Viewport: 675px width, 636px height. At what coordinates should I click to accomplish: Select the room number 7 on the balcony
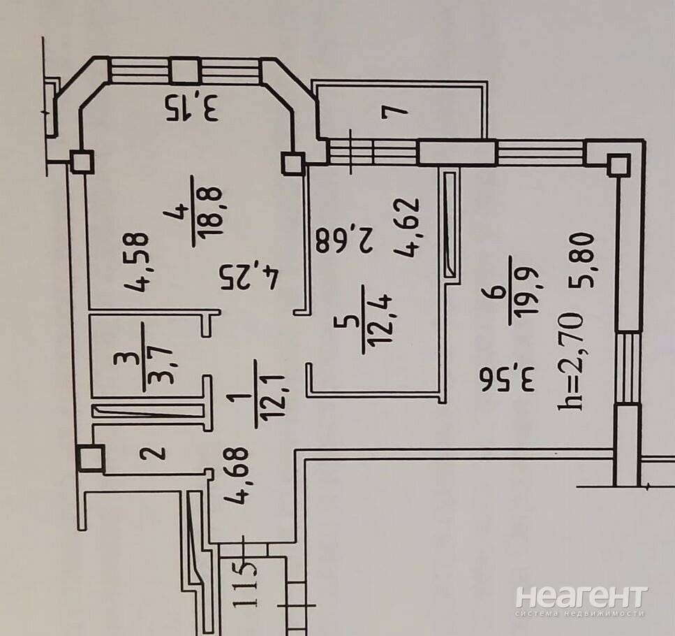coord(395,111)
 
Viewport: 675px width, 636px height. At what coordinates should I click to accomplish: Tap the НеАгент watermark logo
coord(581,597)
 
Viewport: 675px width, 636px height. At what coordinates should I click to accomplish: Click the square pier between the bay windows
coord(185,71)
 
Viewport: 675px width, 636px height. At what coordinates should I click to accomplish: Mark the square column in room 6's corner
coord(618,166)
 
